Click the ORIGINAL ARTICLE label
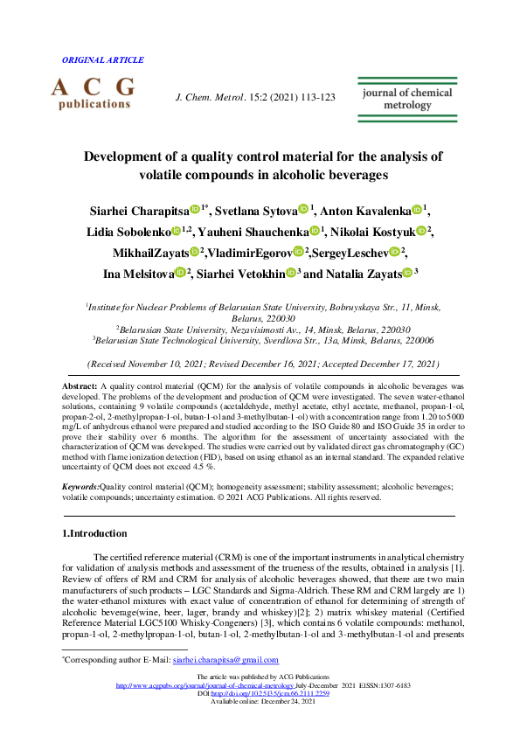(103, 60)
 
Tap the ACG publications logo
(94, 94)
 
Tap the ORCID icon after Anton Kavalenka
(418, 210)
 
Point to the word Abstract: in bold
(80, 385)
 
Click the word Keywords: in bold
(81, 484)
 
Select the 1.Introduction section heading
(95, 533)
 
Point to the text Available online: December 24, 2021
(260, 701)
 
